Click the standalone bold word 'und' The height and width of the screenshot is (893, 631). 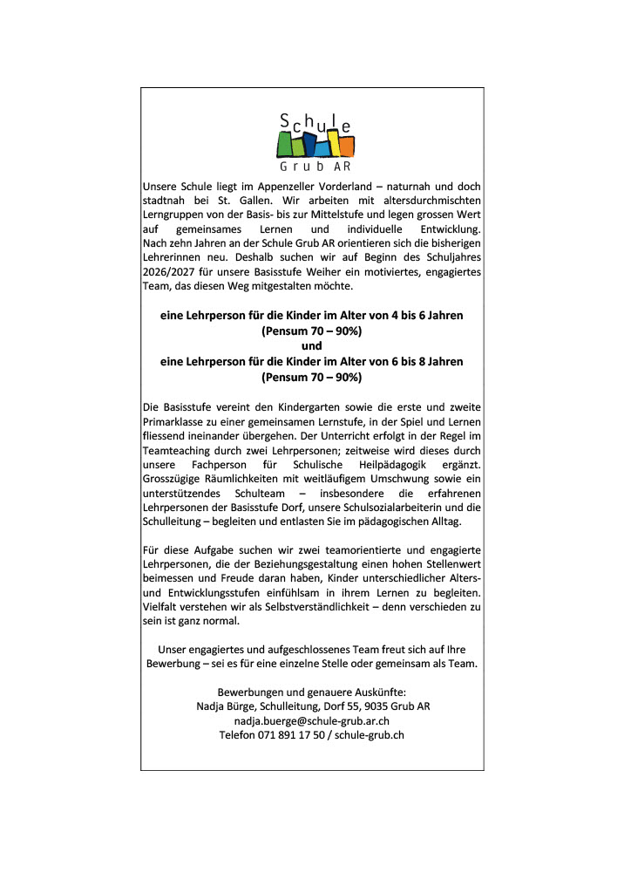312,346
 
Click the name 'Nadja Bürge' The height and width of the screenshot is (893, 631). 225,706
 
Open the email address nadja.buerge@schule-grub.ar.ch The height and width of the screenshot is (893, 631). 312,720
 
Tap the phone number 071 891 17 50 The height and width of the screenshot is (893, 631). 292,735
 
